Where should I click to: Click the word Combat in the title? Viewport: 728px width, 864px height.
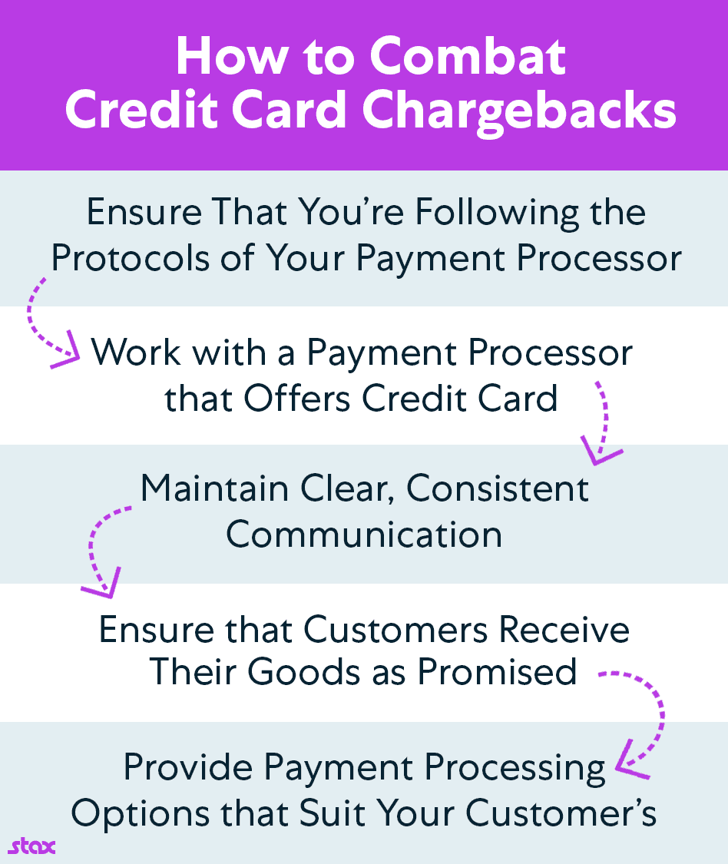(x=468, y=57)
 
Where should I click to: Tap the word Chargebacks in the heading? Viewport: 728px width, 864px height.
(x=518, y=110)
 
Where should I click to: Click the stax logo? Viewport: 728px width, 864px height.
(x=32, y=847)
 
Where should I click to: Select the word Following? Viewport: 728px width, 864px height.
(x=497, y=214)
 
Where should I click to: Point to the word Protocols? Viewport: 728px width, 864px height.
(x=131, y=258)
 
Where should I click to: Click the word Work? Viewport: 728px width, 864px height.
(x=136, y=352)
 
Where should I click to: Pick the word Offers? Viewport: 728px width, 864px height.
(x=296, y=398)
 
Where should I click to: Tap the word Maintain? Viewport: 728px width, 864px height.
(x=214, y=488)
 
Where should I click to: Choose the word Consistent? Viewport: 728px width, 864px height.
(x=498, y=488)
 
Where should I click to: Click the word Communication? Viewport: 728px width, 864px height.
(x=364, y=535)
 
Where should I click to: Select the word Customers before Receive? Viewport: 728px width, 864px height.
(x=395, y=630)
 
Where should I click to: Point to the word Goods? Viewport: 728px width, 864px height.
(x=303, y=672)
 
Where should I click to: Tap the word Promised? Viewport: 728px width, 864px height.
(x=497, y=672)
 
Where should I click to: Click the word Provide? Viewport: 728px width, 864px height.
(x=188, y=766)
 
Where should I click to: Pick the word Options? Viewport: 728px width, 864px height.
(x=141, y=814)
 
